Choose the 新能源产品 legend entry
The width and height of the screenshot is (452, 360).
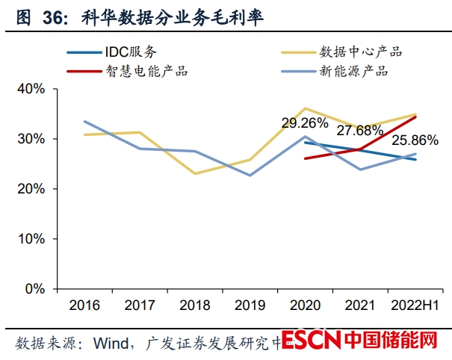click(351, 72)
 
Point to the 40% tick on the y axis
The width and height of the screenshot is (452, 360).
click(31, 90)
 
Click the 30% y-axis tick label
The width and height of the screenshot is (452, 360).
click(31, 139)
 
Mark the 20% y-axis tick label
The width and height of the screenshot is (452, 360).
click(31, 189)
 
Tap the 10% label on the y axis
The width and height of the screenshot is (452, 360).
click(31, 239)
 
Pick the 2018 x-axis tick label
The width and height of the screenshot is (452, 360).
click(194, 305)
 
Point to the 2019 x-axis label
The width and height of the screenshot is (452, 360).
click(250, 305)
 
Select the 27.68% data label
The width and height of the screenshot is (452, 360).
click(360, 131)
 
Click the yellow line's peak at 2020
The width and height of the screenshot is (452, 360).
click(305, 108)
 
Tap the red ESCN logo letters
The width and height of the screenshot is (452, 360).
click(311, 341)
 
